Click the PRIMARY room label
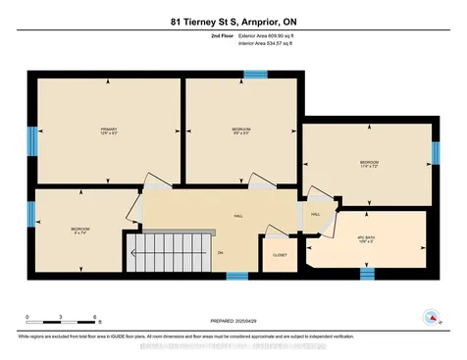tap(108, 129)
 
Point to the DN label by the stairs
tap(220, 252)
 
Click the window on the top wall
tap(255, 74)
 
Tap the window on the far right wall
tap(435, 153)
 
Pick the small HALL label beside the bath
tap(315, 213)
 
